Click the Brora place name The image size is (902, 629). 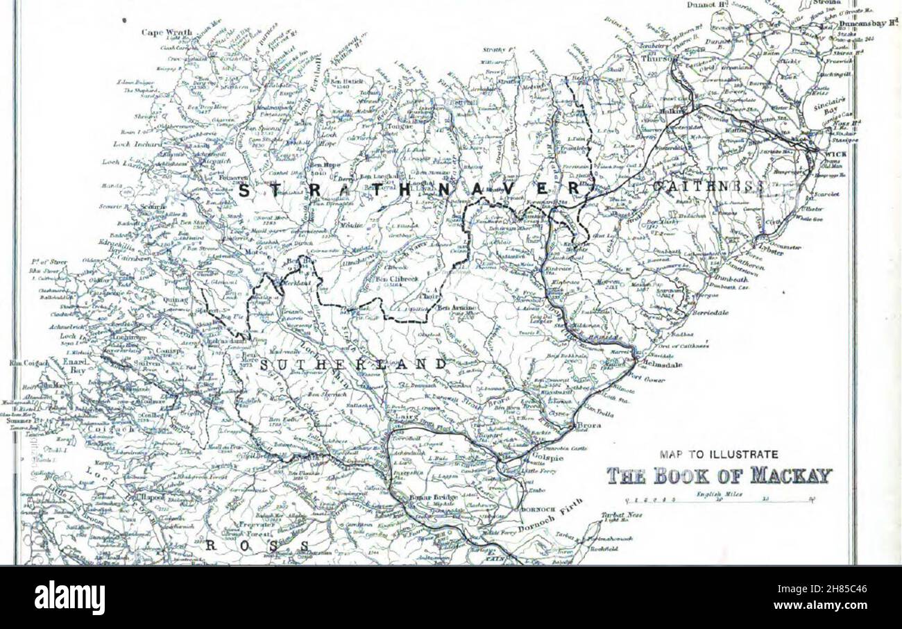click(589, 425)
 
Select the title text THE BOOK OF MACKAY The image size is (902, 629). click(720, 476)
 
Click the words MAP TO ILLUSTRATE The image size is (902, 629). click(719, 455)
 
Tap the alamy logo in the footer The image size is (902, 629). click(70, 598)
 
